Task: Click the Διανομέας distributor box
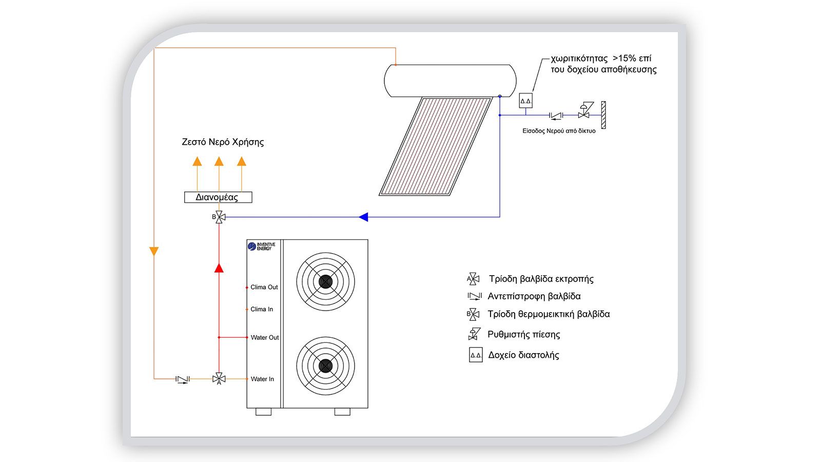click(x=218, y=197)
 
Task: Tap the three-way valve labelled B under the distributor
click(x=219, y=217)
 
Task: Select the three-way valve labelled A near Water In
click(x=219, y=379)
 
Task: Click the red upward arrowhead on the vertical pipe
click(x=219, y=267)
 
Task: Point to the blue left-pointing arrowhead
click(x=363, y=217)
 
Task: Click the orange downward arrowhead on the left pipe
click(x=154, y=252)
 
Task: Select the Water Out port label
click(x=264, y=337)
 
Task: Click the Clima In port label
click(x=262, y=309)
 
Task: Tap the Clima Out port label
click(x=264, y=287)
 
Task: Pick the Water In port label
click(x=262, y=379)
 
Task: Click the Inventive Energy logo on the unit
click(x=262, y=246)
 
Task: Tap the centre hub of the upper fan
click(x=325, y=281)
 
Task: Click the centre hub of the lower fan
click(x=325, y=365)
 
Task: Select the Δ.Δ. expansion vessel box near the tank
click(x=525, y=101)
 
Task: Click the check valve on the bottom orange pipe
click(x=182, y=379)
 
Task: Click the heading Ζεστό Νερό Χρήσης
click(x=223, y=142)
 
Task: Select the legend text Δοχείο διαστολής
click(x=523, y=355)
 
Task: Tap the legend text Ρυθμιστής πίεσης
click(x=523, y=335)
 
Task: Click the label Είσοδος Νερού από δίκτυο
click(x=559, y=131)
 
